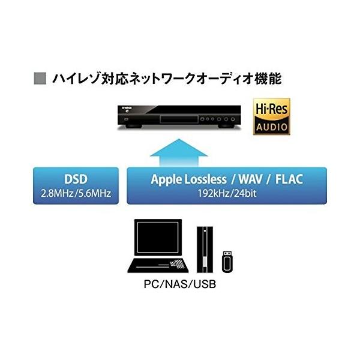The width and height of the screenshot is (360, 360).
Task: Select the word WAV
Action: point(253,179)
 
